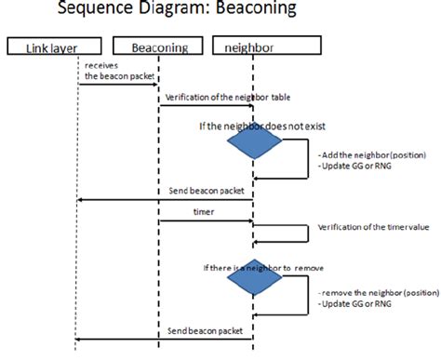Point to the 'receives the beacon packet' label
coord(111,72)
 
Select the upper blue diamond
coord(254,144)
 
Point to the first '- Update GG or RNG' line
coord(346,166)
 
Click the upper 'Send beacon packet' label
coord(207,191)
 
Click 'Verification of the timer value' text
coord(367,226)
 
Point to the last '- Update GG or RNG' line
coord(346,304)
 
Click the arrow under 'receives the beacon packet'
coord(118,85)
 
